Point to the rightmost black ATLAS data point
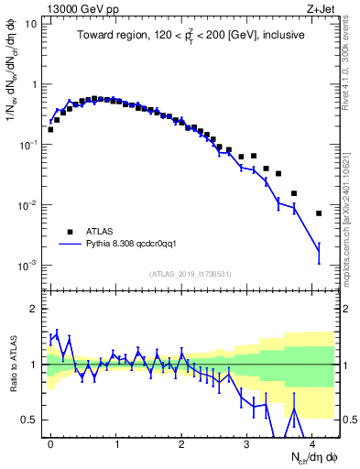point(319,213)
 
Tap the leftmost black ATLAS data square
point(50,129)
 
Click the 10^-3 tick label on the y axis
point(27,266)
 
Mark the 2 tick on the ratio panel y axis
point(32,309)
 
